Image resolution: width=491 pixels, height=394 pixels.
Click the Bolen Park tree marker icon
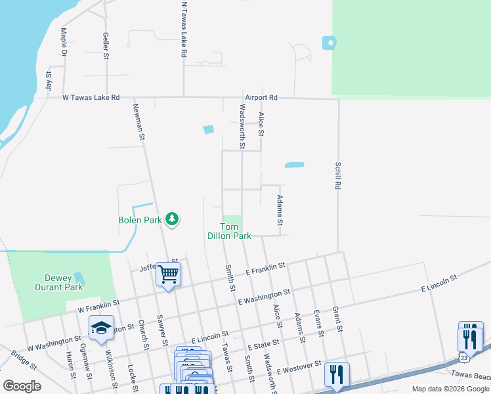172,219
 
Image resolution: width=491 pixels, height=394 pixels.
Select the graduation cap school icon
102,328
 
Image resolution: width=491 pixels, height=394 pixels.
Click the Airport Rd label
262,97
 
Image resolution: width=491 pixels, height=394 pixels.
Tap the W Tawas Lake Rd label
91,97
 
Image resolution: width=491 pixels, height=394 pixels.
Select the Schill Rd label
337,177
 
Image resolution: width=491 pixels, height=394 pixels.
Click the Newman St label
139,122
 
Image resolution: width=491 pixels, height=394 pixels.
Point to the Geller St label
105,45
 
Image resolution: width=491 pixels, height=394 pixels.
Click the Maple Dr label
64,41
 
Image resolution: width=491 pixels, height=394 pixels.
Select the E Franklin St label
265,269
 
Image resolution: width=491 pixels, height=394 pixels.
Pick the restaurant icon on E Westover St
337,374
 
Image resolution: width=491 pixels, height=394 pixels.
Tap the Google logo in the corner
22,385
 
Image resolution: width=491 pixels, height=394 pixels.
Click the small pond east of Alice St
294,165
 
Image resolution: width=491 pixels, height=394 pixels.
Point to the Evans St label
318,322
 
